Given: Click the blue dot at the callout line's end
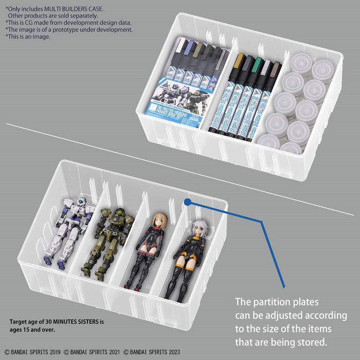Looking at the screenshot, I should pyautogui.click(x=188, y=202).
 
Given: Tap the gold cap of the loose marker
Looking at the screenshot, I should pyautogui.click(x=238, y=62).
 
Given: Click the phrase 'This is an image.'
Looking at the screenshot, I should pyautogui.click(x=28, y=37).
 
